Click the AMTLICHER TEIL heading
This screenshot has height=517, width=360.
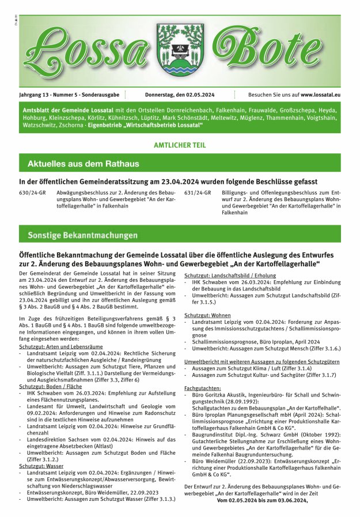[179, 145]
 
